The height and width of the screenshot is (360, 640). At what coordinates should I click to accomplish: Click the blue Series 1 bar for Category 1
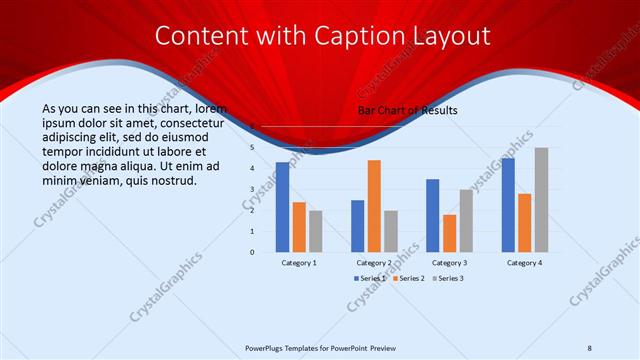click(282, 207)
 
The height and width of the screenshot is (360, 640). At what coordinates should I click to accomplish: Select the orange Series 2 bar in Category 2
click(374, 206)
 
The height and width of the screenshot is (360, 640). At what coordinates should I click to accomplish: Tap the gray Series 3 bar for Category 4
click(541, 200)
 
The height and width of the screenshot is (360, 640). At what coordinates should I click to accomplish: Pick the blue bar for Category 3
click(432, 215)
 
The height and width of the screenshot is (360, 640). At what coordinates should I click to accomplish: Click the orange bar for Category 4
click(525, 222)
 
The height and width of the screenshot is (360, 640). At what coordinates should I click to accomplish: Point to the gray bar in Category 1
click(315, 231)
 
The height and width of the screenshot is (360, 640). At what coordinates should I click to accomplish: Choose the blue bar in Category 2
click(357, 226)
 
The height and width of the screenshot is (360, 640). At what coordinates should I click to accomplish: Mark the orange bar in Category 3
click(449, 233)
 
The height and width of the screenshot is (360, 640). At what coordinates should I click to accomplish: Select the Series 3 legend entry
click(451, 277)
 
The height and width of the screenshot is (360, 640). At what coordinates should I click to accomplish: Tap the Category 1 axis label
click(299, 262)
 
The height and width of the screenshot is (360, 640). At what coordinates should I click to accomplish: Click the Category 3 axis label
click(449, 262)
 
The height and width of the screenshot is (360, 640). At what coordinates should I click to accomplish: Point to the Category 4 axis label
click(524, 262)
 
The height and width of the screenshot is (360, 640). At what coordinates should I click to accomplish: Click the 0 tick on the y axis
click(253, 252)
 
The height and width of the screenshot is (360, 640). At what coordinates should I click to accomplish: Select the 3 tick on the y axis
click(253, 189)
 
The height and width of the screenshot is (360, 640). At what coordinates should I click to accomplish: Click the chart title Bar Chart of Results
click(407, 111)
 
